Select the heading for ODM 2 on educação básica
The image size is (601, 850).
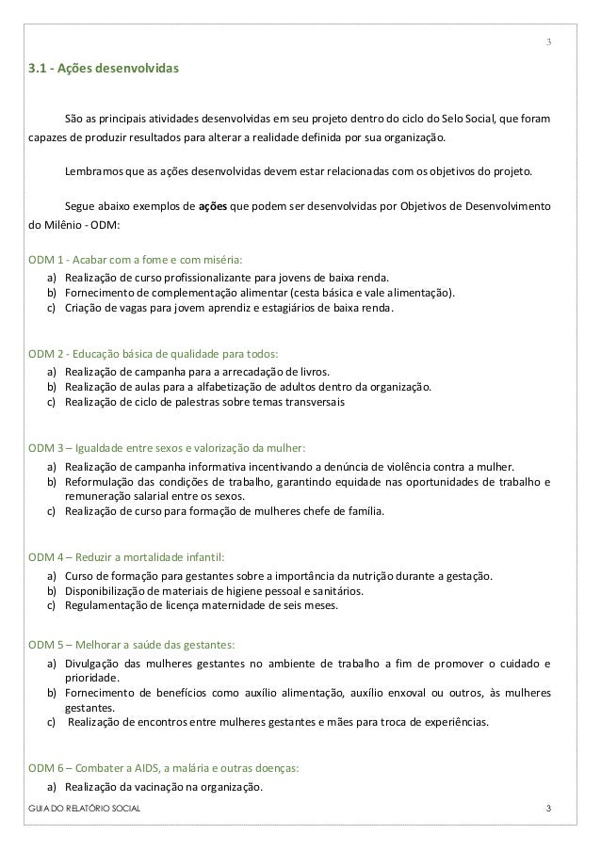[x=153, y=354]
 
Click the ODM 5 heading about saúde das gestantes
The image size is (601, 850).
[x=132, y=645]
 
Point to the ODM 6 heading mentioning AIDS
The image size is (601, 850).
[x=164, y=767]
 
